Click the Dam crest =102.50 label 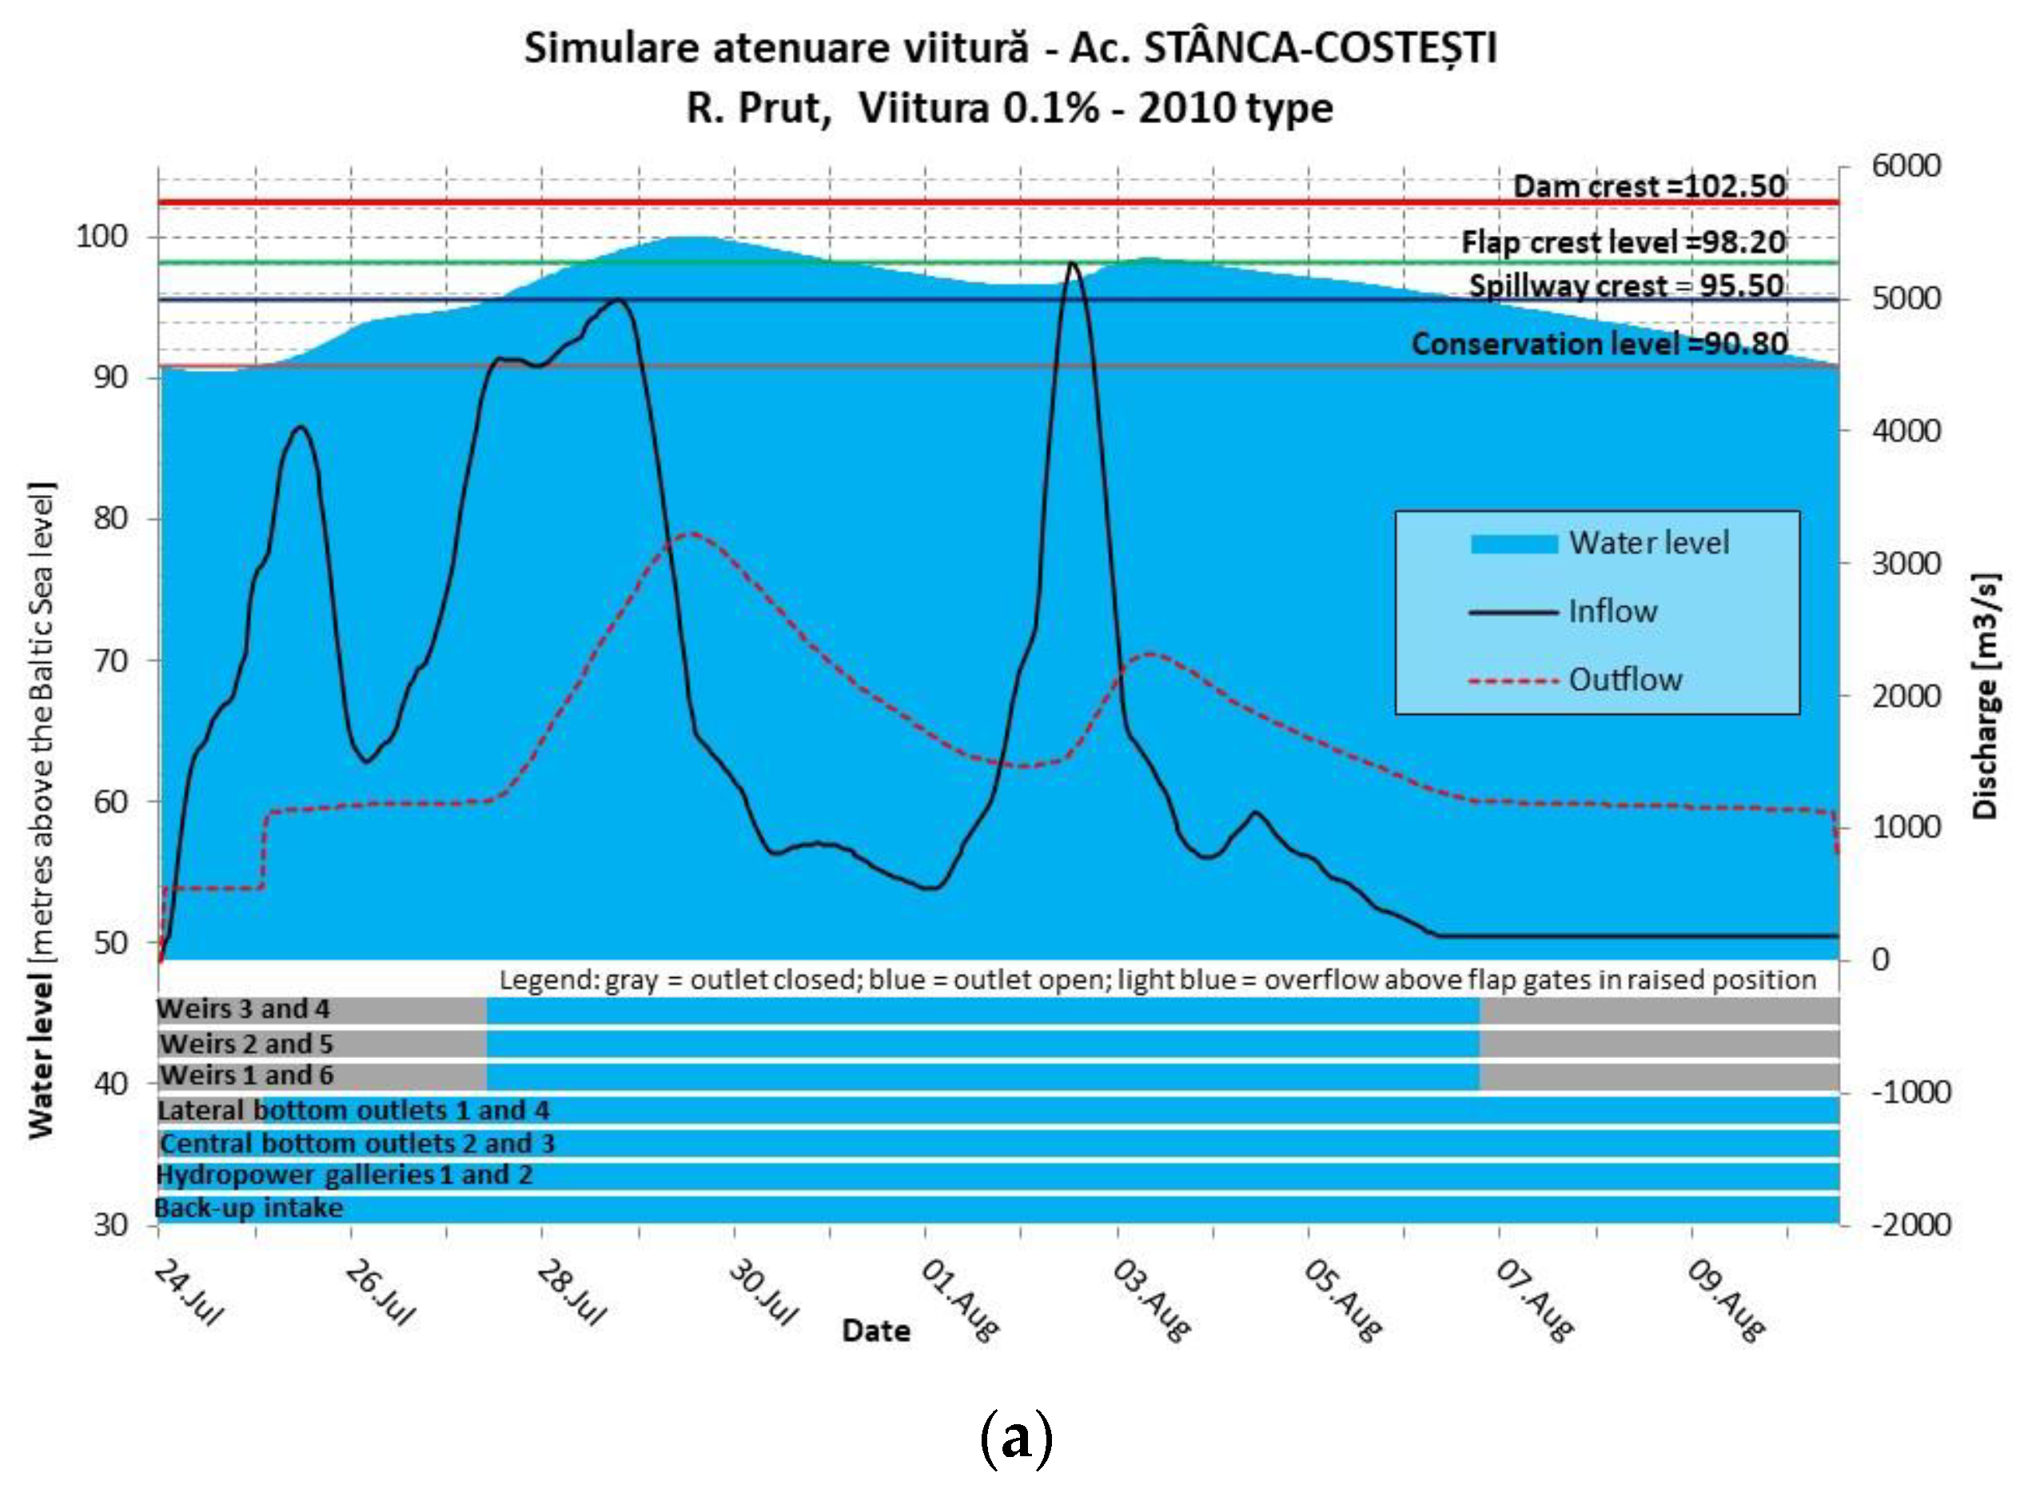click(1648, 186)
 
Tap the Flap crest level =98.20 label click(1623, 242)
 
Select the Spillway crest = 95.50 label click(1626, 285)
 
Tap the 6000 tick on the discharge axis click(1906, 166)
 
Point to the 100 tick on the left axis click(102, 237)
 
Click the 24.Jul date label click(189, 1294)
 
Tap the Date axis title click(875, 1330)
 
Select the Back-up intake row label click(249, 1208)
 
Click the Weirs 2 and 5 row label click(246, 1044)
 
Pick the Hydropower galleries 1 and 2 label click(345, 1176)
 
